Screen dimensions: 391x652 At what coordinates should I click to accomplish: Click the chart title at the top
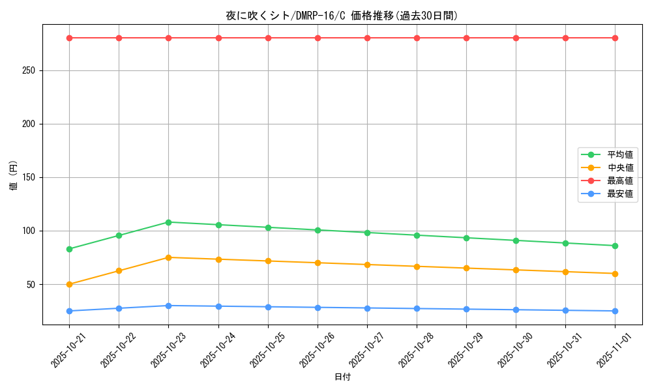point(342,16)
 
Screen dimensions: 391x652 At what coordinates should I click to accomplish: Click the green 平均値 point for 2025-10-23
point(168,222)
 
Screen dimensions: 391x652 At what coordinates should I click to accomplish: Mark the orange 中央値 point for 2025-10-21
point(69,284)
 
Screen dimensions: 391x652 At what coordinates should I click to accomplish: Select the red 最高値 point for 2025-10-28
point(417,38)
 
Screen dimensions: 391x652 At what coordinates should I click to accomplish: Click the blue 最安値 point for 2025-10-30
point(516,310)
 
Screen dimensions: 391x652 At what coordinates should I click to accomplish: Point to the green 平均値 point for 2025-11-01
point(615,246)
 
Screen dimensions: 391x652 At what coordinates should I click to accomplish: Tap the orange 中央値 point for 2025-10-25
point(268,261)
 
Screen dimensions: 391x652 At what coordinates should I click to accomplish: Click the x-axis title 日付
point(342,377)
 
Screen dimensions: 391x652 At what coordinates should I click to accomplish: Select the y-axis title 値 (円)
point(13,176)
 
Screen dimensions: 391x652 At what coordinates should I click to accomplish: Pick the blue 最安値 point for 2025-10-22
point(119,308)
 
